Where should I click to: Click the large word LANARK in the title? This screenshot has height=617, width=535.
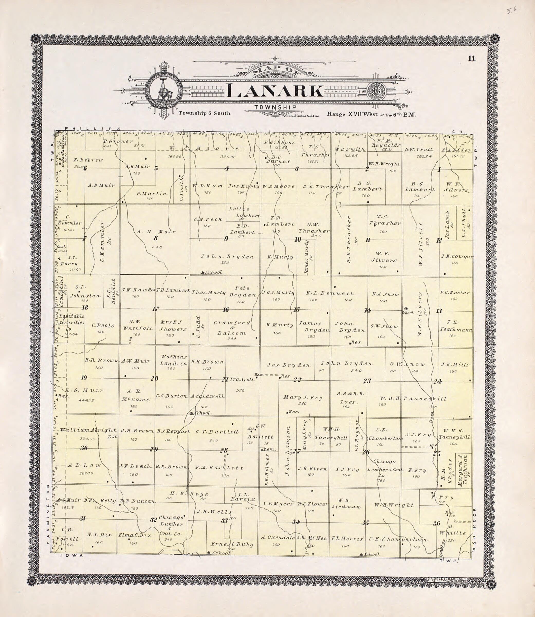tap(275, 91)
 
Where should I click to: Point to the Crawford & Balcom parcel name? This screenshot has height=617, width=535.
tap(232, 328)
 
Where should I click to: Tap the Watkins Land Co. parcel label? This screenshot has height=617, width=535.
tap(173, 360)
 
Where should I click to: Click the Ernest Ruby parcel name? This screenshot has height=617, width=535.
tap(232, 544)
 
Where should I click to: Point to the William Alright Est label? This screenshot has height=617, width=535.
tap(89, 430)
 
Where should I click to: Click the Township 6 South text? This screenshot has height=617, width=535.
tap(205, 113)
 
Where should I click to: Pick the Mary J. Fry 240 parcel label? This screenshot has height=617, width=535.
tap(303, 398)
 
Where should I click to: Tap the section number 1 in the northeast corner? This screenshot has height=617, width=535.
tap(439, 170)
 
